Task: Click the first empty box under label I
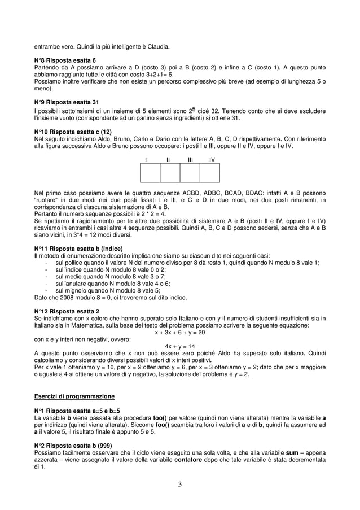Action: pyautogui.click(x=150, y=173)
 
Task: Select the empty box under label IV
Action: pyautogui.click(x=210, y=173)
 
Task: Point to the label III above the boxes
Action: pyautogui.click(x=190, y=160)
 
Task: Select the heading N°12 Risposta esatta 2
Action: pyautogui.click(x=67, y=311)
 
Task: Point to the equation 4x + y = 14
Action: pyautogui.click(x=180, y=346)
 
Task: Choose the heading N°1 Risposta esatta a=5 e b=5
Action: pyautogui.click(x=77, y=411)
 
